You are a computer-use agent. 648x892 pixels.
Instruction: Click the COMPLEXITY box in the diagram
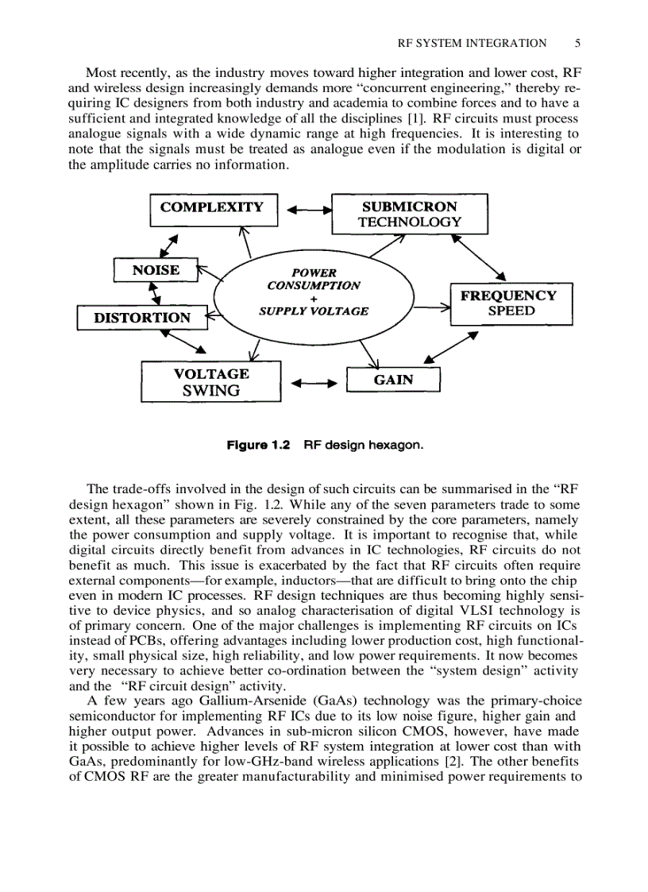[212, 208]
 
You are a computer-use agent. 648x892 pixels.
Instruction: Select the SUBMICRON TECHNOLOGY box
[409, 214]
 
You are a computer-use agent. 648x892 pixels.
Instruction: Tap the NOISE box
[156, 270]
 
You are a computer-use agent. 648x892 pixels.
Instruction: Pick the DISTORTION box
[142, 318]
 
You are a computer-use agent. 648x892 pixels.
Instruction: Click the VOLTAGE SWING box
[210, 382]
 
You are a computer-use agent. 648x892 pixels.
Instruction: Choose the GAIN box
[393, 380]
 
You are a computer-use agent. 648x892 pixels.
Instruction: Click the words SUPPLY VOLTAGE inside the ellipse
[314, 311]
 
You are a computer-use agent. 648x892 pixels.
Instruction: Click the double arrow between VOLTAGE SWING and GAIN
[314, 385]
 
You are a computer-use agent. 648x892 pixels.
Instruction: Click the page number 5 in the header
[577, 44]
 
